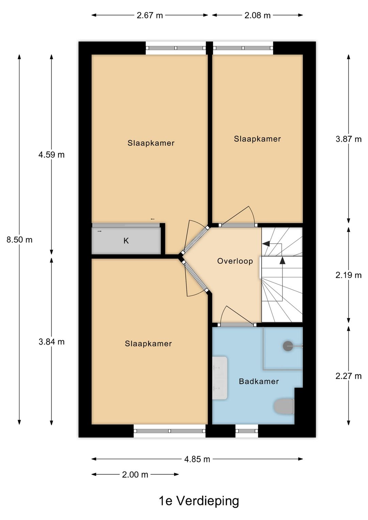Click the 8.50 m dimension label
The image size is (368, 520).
19,240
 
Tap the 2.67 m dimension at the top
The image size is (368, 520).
150,15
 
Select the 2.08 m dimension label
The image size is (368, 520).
258,15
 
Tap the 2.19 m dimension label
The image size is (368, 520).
349,275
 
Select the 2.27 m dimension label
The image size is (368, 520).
349,376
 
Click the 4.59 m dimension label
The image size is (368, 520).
51,155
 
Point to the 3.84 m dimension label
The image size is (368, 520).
51,342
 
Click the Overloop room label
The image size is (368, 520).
235,261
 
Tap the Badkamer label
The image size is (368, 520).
259,381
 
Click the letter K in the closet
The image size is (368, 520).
126,241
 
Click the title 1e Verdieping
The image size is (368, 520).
199,501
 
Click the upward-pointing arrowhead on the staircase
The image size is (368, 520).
282,260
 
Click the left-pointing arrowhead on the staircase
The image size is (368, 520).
266,244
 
